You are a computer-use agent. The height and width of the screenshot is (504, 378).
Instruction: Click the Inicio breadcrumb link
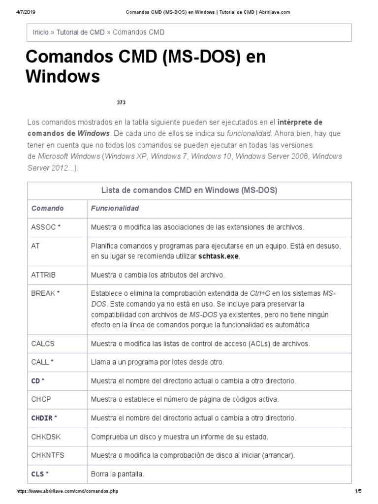click(40, 32)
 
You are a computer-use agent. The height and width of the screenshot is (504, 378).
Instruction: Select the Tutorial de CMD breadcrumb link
click(80, 32)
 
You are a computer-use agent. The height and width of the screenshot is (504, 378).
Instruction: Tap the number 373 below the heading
click(121, 102)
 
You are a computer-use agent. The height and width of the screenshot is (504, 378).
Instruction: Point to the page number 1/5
click(358, 491)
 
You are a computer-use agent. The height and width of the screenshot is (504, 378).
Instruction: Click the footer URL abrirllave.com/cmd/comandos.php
click(67, 491)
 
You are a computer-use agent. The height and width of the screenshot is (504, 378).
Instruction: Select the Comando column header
click(47, 208)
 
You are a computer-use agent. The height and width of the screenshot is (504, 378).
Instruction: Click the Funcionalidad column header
click(115, 208)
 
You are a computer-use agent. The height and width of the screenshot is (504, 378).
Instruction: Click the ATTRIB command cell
click(43, 274)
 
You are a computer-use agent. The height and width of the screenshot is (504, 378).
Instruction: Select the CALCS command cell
click(43, 343)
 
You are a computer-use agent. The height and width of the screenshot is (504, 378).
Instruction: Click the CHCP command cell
click(41, 399)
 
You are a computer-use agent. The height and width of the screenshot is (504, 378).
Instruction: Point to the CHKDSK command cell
click(45, 437)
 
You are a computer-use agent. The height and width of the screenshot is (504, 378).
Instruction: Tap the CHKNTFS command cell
click(47, 455)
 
